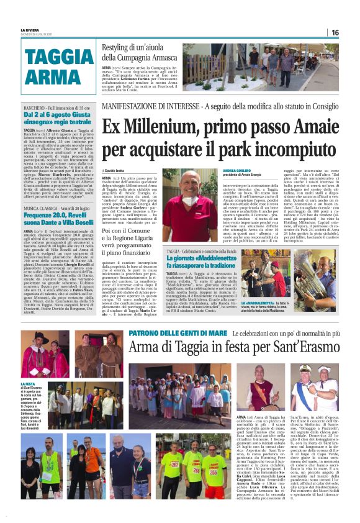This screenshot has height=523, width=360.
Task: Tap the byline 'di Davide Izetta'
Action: pos(116,170)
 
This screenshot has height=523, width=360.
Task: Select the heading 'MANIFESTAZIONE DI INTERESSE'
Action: pos(145,106)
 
